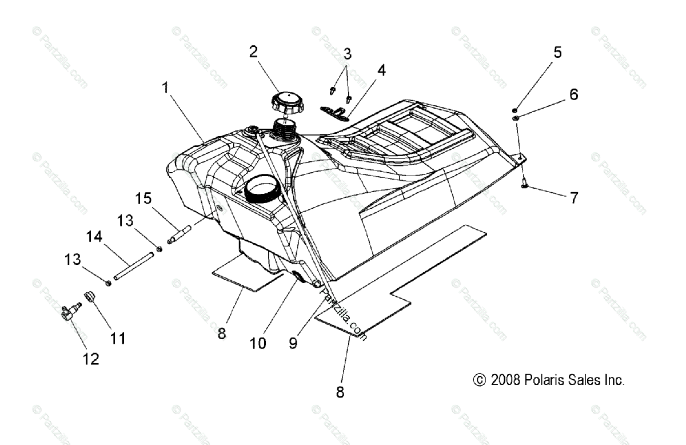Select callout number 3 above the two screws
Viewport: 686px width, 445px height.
point(347,55)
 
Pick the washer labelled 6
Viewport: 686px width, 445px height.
point(516,118)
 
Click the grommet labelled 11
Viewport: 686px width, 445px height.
point(89,296)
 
